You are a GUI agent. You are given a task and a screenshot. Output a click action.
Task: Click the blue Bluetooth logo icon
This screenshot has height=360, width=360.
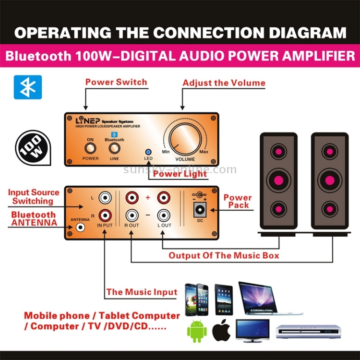pyautogui.click(x=28, y=87)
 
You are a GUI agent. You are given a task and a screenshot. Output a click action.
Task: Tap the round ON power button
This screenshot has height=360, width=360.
pyautogui.click(x=90, y=148)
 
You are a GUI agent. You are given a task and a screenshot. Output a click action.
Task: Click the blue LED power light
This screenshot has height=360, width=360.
pyautogui.click(x=148, y=151)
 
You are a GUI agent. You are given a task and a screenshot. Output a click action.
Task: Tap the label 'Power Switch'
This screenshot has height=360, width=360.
pyautogui.click(x=116, y=82)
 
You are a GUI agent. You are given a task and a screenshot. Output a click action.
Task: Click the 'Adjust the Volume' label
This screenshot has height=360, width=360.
pyautogui.click(x=224, y=83)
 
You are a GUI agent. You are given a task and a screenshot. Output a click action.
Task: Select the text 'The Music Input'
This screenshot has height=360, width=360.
pyautogui.click(x=142, y=291)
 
